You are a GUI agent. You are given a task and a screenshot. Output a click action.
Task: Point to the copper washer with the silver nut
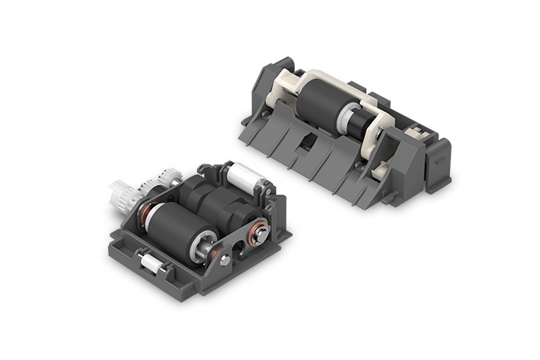[x=257, y=231]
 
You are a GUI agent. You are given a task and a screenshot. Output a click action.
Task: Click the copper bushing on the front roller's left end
[x=146, y=210]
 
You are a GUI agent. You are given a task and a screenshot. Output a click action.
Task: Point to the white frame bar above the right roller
[x=329, y=81]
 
